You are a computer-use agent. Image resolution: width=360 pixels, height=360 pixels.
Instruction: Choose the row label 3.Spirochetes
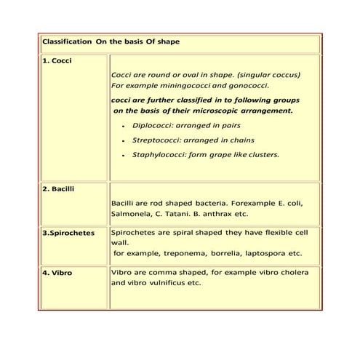click(x=68, y=233)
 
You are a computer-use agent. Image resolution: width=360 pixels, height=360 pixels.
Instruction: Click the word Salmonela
click(x=133, y=215)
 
